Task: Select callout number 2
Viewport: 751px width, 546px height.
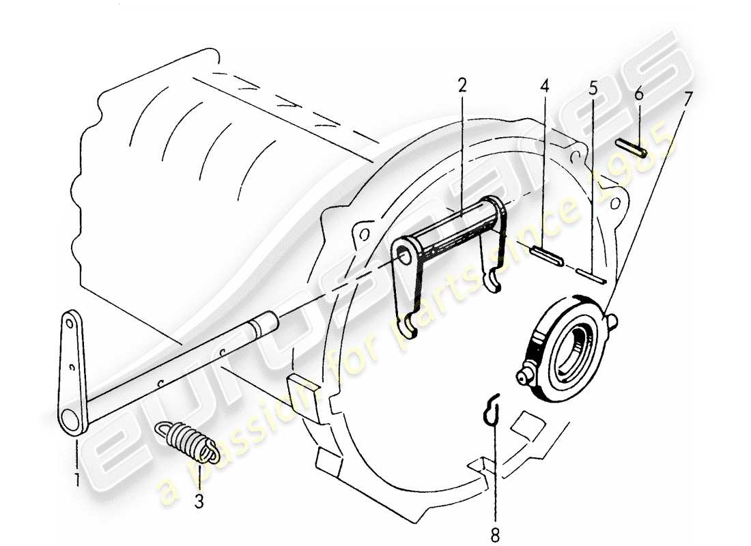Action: (463, 86)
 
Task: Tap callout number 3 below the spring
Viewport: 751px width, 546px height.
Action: (199, 502)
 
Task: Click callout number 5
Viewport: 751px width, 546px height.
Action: (593, 89)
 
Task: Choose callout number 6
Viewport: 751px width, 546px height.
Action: (638, 94)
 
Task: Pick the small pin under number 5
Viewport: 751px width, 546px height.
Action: (591, 275)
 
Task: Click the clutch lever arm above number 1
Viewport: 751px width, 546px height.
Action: (72, 372)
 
